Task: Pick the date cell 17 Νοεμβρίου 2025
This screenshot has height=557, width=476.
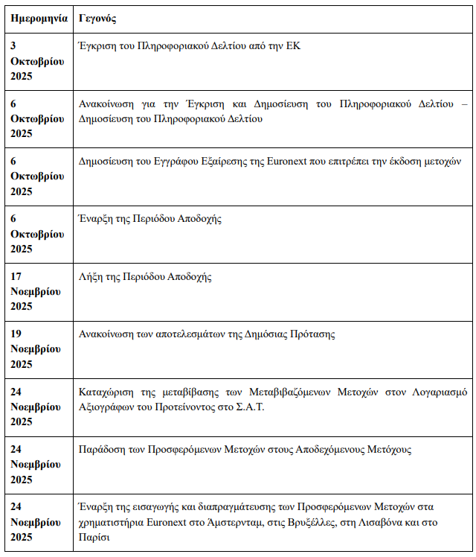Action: coord(37,291)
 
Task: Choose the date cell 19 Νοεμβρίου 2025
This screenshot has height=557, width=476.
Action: coord(37,348)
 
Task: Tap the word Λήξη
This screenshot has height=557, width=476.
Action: coord(91,277)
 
